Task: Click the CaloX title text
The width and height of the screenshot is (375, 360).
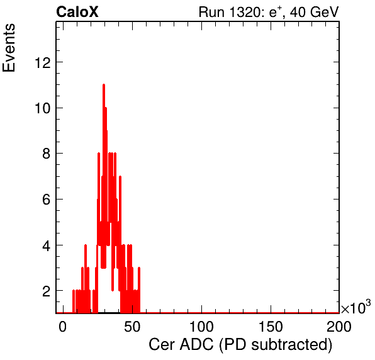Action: [x=77, y=12]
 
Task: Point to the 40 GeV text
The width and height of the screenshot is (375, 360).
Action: [x=314, y=12]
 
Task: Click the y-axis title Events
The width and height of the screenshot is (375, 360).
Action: [x=9, y=48]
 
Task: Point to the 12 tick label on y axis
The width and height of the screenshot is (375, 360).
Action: [x=43, y=63]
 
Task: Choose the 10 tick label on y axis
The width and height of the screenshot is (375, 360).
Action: [x=43, y=108]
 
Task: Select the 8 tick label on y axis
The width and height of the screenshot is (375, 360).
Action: [x=47, y=154]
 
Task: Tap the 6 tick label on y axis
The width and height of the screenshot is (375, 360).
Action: [x=47, y=200]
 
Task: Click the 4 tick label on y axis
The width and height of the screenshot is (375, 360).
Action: [x=47, y=245]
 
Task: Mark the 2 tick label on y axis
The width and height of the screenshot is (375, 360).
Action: [x=47, y=291]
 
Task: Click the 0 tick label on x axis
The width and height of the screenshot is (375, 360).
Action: [x=63, y=327]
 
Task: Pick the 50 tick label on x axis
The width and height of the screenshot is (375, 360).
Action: [x=132, y=327]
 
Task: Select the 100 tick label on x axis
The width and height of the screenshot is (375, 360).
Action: [x=201, y=327]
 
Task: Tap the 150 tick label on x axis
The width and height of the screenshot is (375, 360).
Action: [x=271, y=327]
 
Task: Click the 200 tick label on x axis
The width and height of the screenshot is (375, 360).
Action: [x=339, y=327]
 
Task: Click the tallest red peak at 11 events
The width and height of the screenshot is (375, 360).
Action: [x=104, y=85]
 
